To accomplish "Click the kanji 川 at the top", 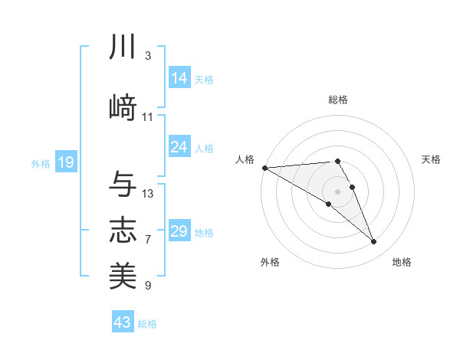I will [123, 48].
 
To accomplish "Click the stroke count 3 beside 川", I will [148, 56].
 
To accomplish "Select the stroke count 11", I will [148, 116].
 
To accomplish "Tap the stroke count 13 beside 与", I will [148, 194].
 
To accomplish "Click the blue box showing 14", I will [179, 78].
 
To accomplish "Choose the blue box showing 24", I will [179, 147].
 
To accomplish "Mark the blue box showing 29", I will [179, 231].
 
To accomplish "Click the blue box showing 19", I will [66, 162].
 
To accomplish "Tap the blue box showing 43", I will [123, 322].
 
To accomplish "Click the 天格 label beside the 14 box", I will [204, 79].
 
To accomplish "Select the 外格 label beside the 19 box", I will [41, 163].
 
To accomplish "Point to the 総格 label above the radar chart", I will [338, 100].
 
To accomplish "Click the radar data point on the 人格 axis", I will [264, 168].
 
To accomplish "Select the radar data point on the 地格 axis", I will [373, 242].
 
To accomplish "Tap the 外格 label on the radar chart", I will [270, 263].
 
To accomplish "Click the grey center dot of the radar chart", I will [337, 190].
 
